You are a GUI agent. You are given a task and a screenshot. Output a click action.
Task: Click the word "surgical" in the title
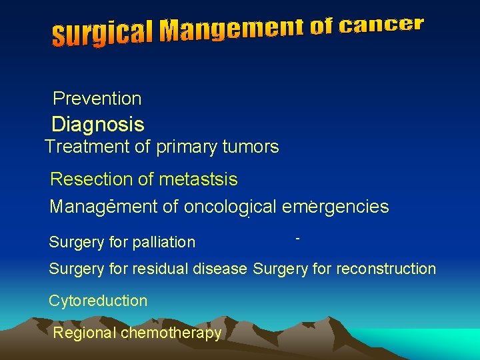click(x=104, y=33)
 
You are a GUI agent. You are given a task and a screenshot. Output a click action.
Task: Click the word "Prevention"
click(x=97, y=99)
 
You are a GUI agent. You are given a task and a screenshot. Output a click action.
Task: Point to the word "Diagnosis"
click(x=98, y=124)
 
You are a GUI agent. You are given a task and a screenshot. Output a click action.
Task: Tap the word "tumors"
click(x=251, y=147)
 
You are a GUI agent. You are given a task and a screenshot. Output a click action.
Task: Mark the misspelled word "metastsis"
click(x=199, y=179)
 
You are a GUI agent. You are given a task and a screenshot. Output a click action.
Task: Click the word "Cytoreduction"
click(x=98, y=301)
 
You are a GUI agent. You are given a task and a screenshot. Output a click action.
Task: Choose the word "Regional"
click(x=85, y=333)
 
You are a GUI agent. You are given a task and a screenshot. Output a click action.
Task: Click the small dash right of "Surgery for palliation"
click(x=297, y=237)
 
